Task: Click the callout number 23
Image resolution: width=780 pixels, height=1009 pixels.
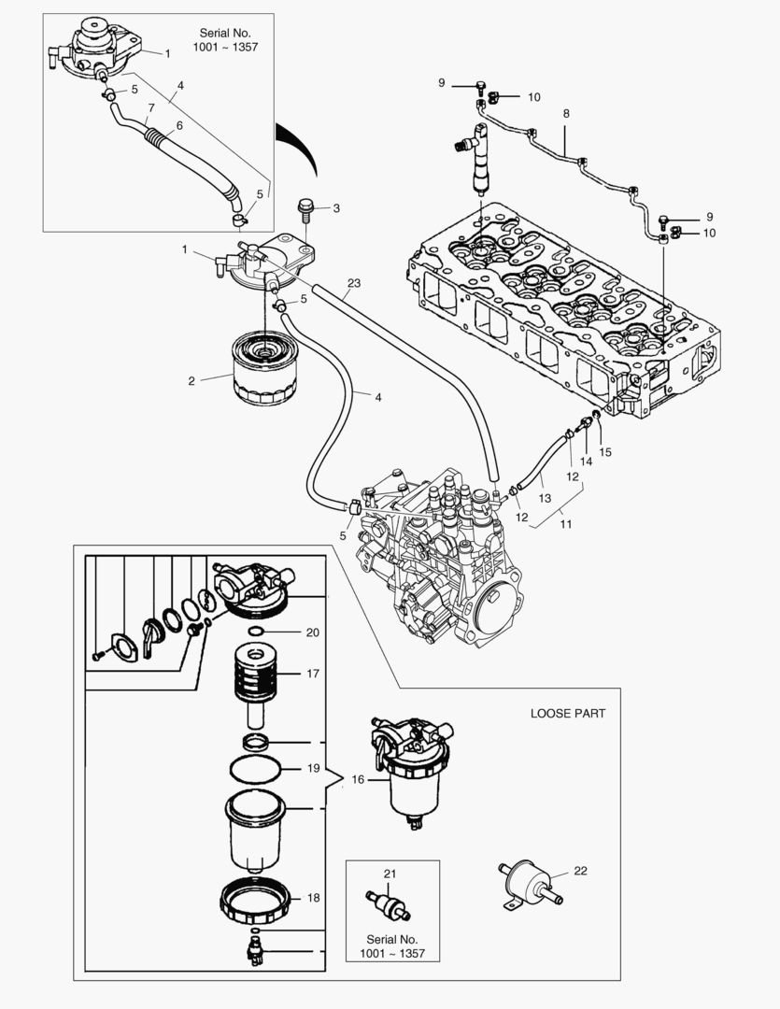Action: (353, 283)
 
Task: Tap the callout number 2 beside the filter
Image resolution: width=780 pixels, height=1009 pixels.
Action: (191, 380)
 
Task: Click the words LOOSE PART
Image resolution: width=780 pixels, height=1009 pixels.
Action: (567, 713)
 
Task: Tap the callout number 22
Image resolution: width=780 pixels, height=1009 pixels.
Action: (580, 871)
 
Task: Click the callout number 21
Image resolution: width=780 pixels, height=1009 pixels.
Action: (390, 874)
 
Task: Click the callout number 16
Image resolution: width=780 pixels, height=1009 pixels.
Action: (358, 778)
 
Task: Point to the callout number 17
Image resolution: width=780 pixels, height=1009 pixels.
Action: (312, 672)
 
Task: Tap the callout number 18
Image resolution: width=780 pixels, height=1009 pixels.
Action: (312, 898)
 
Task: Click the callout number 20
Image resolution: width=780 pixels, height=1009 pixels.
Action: (312, 632)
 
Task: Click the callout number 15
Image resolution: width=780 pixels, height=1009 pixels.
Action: (605, 452)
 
